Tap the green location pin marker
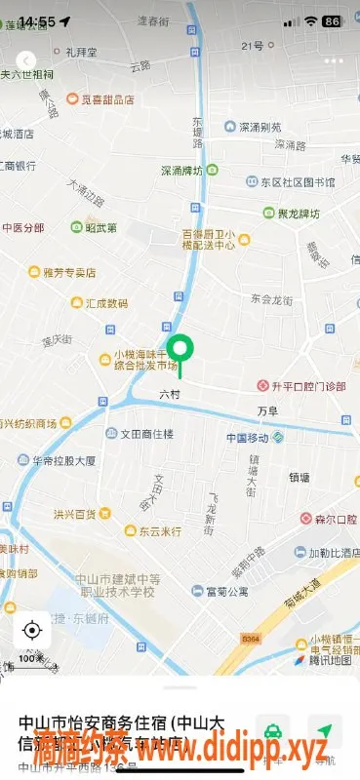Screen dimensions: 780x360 coord(180,351)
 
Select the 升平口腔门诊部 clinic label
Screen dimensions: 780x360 coord(300,386)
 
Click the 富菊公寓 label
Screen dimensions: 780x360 coord(224,591)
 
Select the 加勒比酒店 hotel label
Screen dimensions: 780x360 coord(329,552)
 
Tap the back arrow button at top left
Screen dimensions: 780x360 coord(26,60)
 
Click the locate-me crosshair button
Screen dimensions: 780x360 coord(31,630)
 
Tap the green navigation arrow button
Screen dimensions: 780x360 coord(324,731)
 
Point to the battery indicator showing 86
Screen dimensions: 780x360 coord(332,21)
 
